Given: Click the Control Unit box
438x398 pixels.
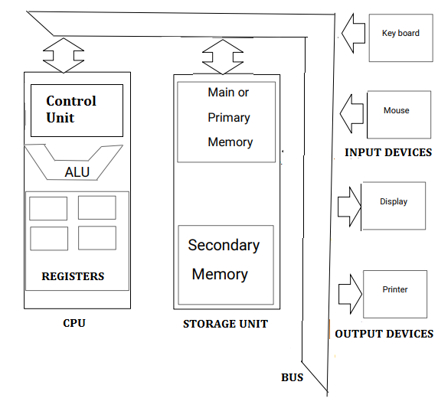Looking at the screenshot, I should (77, 110).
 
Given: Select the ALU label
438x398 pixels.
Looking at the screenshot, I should (77, 172).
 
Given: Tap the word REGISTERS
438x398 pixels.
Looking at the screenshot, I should (73, 276).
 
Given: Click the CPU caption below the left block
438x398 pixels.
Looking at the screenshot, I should (74, 323).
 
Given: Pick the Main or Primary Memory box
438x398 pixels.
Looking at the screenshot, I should (226, 122).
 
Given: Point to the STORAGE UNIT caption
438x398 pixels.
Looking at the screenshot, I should (225, 324).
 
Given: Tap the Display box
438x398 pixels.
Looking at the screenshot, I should (394, 205).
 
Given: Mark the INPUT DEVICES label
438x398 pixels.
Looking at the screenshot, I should (388, 152).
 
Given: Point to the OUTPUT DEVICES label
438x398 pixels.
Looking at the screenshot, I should (384, 334).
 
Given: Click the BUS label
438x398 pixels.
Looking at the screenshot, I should (292, 377).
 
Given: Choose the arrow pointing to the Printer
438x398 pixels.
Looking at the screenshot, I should (350, 292).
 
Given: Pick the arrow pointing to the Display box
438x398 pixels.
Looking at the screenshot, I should (349, 205).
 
